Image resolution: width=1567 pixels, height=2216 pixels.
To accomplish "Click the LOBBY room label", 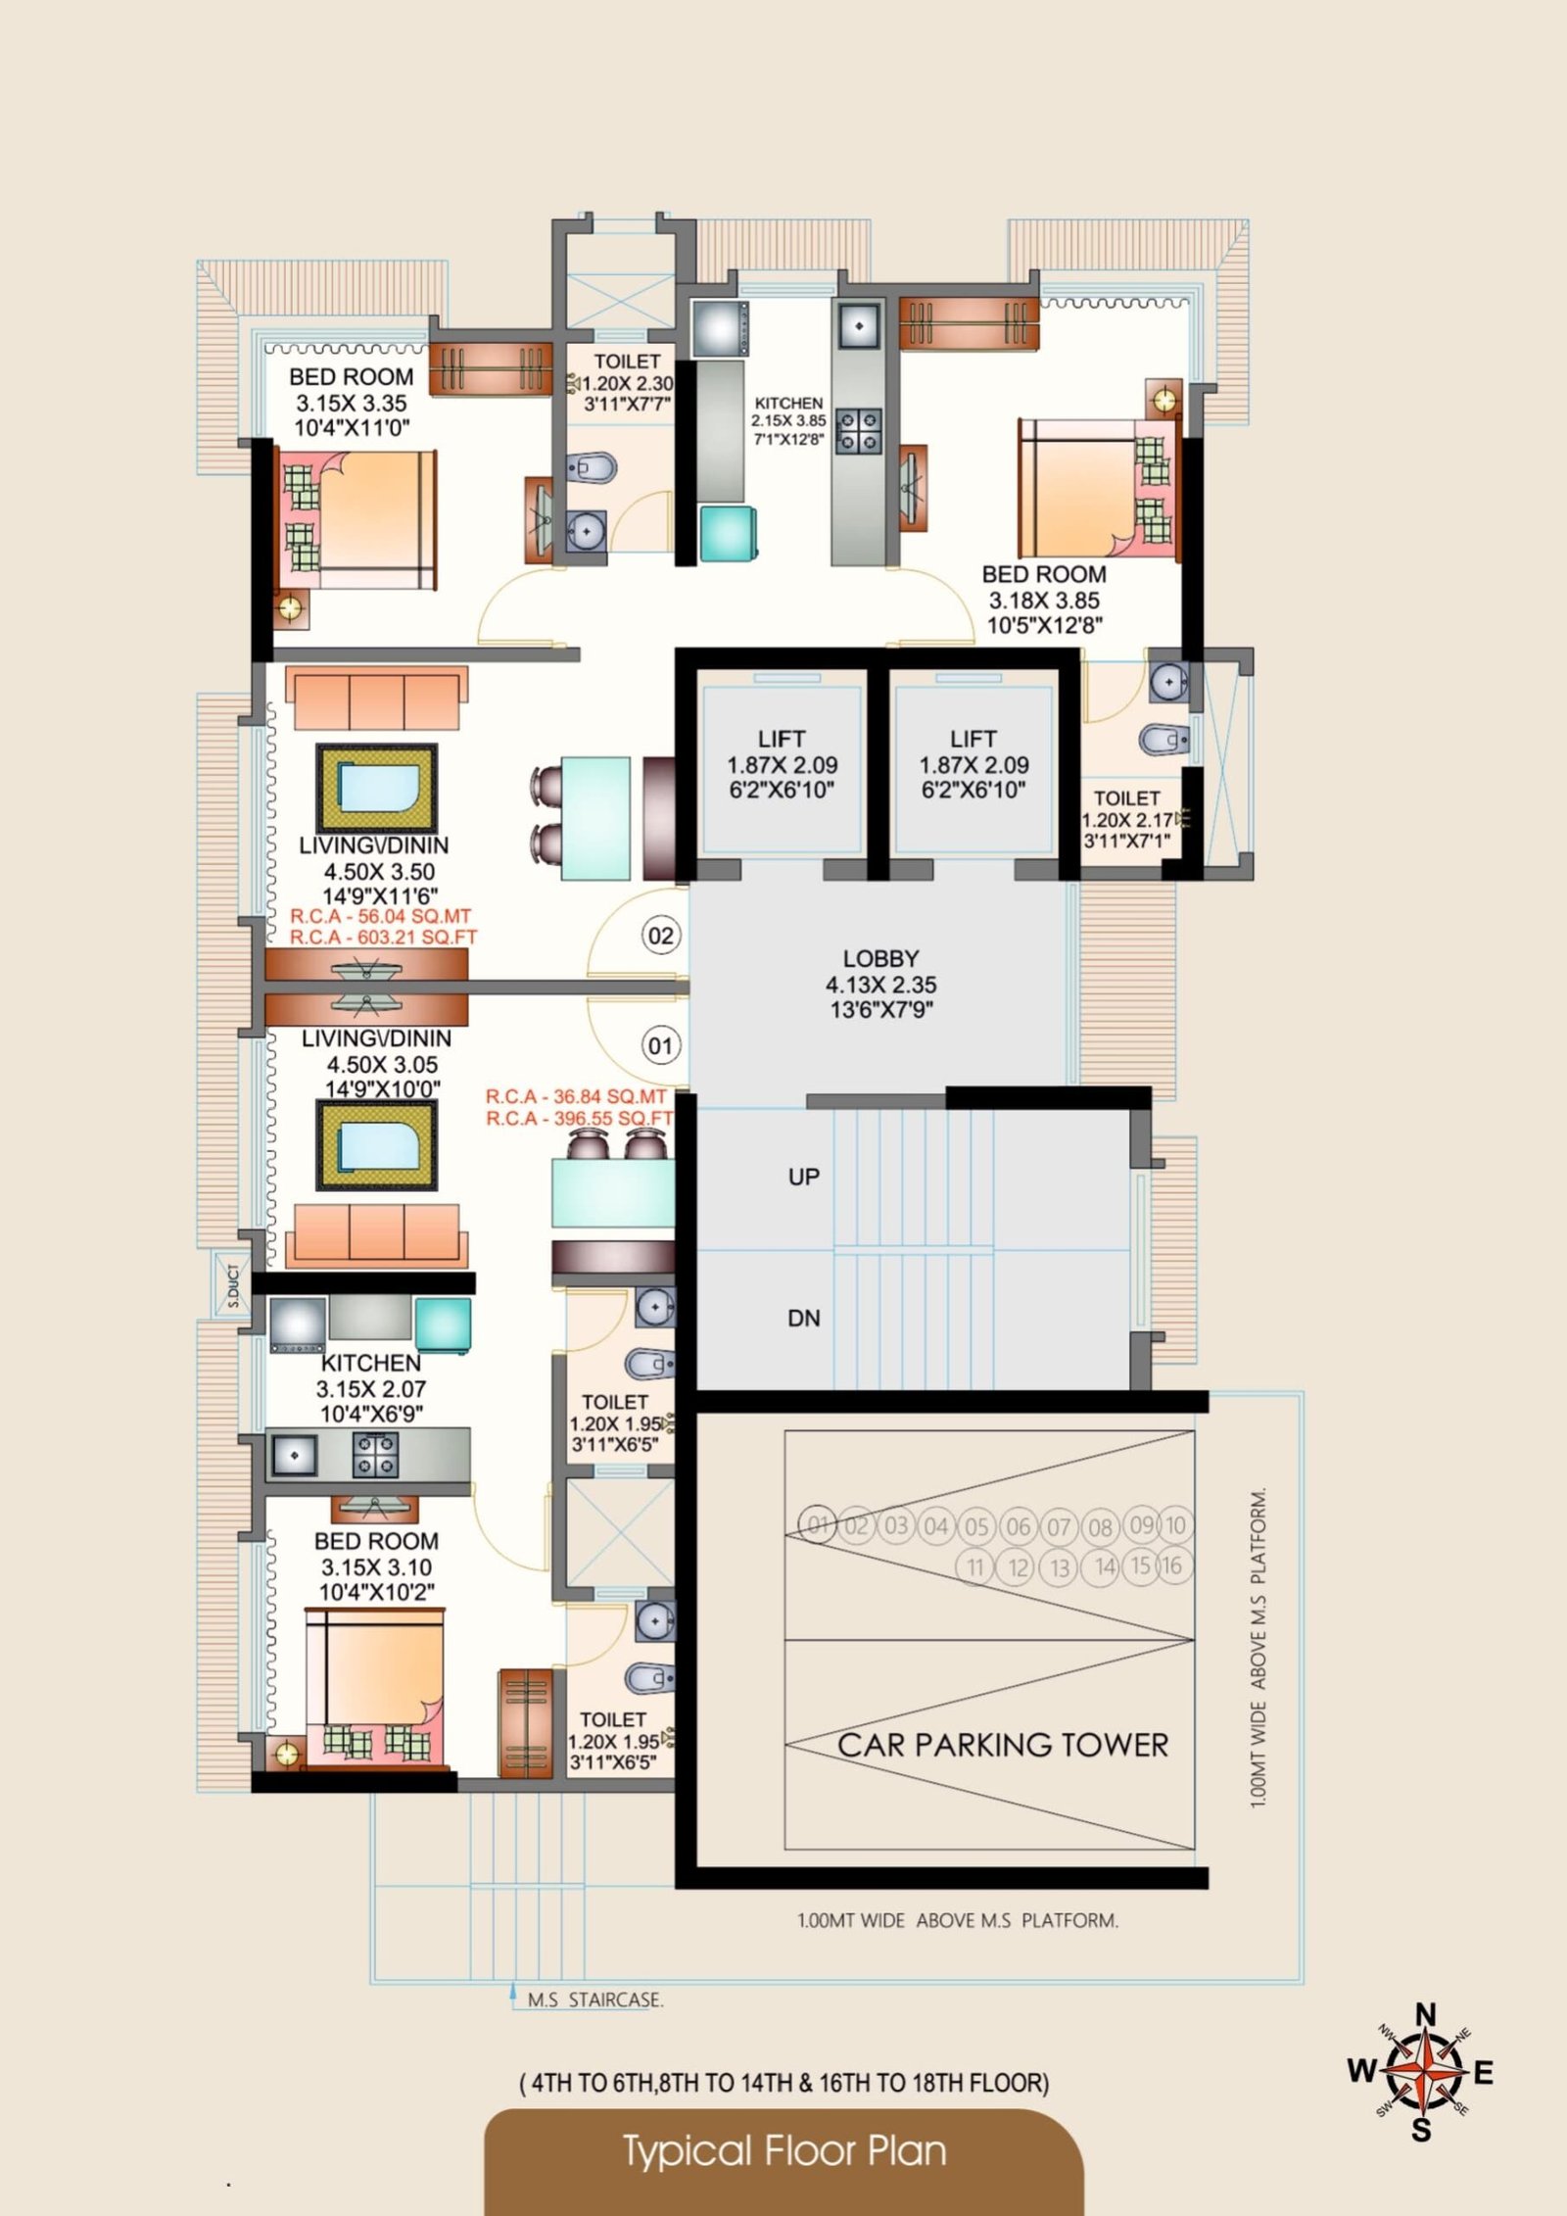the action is click(880, 959).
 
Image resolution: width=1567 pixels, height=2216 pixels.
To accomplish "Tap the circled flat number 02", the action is click(661, 936).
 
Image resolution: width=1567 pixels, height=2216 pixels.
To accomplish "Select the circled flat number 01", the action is click(661, 1046).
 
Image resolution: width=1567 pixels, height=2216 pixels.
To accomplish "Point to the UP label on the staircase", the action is click(804, 1177).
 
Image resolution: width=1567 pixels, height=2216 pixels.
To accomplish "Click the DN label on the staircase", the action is click(804, 1319).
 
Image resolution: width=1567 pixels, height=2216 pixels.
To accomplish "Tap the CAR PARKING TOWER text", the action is click(1003, 1745).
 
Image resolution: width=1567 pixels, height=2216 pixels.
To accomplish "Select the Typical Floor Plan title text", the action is click(784, 2151).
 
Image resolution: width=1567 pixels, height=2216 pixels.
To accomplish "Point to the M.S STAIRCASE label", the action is click(595, 2000).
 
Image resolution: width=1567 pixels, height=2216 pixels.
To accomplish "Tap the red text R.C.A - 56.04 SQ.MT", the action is click(381, 917).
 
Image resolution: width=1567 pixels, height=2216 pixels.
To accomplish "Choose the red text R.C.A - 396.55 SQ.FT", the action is click(580, 1119).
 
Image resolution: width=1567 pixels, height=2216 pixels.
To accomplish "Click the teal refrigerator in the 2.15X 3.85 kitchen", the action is click(728, 534).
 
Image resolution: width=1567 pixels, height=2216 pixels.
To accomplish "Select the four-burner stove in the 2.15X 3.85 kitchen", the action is click(858, 432).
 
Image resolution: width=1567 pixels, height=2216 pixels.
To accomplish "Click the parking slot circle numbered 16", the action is click(1172, 1566).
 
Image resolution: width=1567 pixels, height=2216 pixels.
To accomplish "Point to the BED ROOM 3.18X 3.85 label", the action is click(1044, 601).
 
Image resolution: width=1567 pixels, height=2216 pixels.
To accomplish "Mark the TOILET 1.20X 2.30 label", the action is click(627, 383).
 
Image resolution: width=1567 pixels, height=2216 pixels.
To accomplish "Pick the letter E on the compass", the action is click(1483, 2073).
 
